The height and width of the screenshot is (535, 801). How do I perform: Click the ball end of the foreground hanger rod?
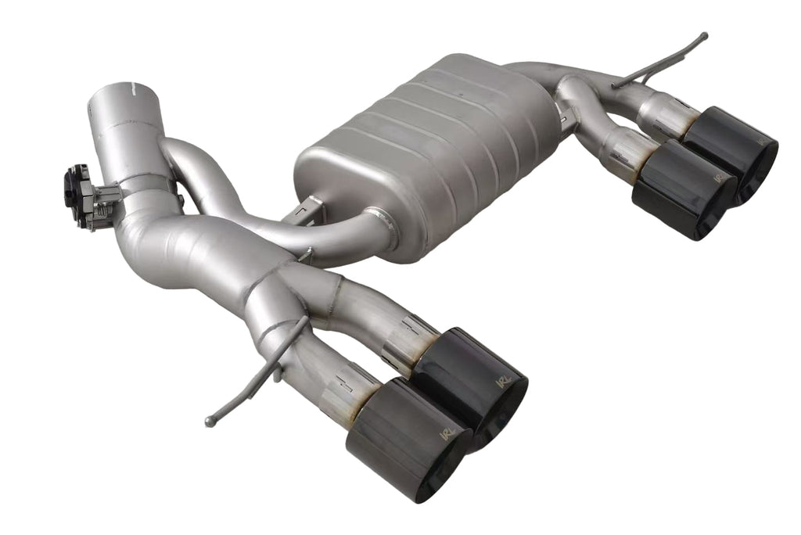click(210, 422)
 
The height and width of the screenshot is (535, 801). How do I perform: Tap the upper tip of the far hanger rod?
click(703, 36)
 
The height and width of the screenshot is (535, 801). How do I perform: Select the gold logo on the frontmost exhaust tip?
click(447, 433)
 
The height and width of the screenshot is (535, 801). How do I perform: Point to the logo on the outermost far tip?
click(760, 144)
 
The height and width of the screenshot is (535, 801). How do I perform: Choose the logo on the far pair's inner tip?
click(718, 178)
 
